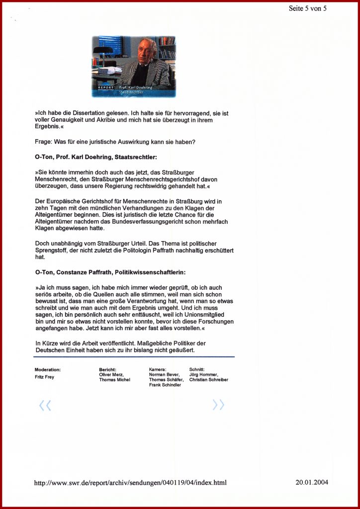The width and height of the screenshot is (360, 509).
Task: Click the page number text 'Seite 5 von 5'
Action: point(308,8)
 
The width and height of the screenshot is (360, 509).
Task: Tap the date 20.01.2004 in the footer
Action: point(312,482)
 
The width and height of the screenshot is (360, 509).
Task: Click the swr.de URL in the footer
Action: point(130,483)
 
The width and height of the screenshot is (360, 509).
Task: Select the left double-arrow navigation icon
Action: point(45,406)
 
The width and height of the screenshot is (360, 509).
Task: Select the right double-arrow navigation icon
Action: point(218,405)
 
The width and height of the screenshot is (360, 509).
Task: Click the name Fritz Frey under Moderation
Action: point(44,377)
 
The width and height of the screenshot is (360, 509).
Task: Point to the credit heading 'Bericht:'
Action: point(107,370)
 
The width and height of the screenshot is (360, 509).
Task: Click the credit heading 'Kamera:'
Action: point(158,370)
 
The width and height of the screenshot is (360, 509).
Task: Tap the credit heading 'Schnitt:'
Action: point(197,370)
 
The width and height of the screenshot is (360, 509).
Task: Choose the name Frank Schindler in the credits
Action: point(165,385)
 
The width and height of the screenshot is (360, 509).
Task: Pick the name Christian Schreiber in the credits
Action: point(209,380)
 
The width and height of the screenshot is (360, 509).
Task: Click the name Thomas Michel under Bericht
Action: point(115,380)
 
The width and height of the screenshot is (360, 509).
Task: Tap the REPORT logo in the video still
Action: point(105,87)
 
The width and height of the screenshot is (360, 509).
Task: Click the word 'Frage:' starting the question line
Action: point(43,142)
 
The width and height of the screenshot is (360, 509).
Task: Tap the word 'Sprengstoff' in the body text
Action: point(51,251)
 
